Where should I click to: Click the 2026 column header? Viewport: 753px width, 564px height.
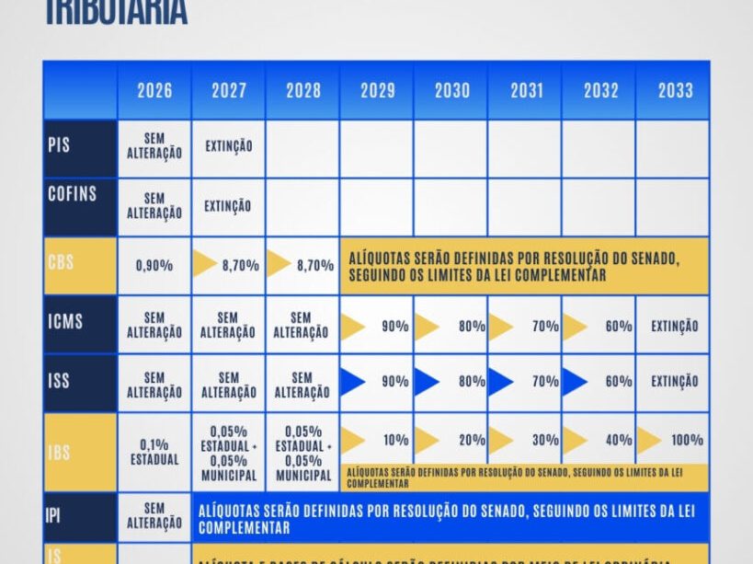click(x=154, y=90)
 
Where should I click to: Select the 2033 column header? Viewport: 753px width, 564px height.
click(x=676, y=90)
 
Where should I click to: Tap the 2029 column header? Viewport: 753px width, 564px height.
click(x=378, y=90)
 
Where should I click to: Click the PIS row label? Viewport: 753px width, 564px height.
click(x=59, y=146)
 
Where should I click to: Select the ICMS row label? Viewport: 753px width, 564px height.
click(x=64, y=322)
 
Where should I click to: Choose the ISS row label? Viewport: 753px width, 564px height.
click(x=59, y=380)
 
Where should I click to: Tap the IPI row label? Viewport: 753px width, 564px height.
click(x=53, y=515)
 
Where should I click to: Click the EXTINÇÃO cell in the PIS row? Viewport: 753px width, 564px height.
click(x=229, y=146)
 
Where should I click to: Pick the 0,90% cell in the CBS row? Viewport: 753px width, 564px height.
click(x=154, y=265)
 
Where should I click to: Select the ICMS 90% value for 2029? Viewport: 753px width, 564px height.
click(x=394, y=326)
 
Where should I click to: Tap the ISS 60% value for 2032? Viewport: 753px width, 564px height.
click(x=619, y=381)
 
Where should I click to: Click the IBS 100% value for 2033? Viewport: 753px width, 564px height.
click(x=687, y=440)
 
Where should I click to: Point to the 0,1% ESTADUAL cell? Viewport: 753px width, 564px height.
click(x=154, y=450)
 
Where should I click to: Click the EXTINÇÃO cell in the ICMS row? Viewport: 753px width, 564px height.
click(x=674, y=326)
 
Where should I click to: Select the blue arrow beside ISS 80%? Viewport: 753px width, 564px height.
click(x=426, y=381)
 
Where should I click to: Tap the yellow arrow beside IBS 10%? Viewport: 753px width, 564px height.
click(x=352, y=440)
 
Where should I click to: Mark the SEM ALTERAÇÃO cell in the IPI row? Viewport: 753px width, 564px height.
click(x=154, y=515)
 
